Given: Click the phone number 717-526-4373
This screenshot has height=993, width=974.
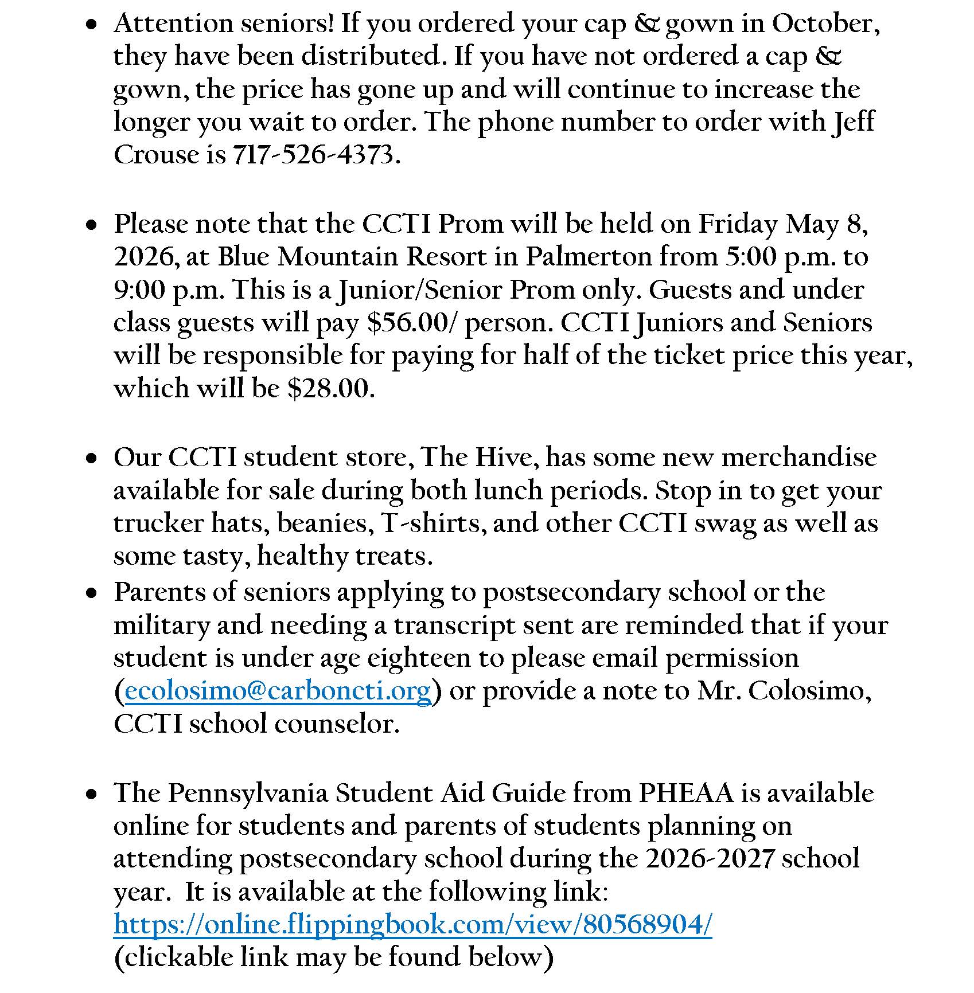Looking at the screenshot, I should (314, 155).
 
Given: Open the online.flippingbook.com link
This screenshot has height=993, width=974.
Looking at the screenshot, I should (412, 925).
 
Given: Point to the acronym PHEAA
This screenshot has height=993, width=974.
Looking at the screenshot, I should (685, 793).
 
